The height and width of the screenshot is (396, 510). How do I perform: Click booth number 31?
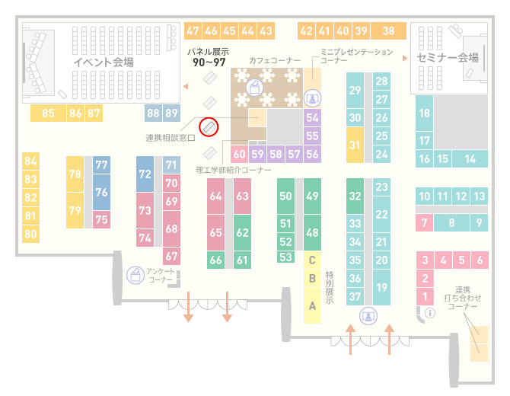[355, 145]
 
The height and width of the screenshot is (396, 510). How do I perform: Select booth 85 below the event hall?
[48, 113]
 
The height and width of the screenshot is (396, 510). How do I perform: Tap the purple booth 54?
[312, 117]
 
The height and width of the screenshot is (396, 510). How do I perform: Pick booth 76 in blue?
[101, 192]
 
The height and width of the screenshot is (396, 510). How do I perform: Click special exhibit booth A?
[312, 306]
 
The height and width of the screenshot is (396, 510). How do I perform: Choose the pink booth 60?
[239, 154]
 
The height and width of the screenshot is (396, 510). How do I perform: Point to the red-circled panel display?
[209, 127]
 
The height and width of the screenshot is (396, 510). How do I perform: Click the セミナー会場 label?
[448, 58]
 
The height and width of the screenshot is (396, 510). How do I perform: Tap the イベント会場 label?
[104, 62]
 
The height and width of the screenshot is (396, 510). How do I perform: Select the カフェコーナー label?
[275, 60]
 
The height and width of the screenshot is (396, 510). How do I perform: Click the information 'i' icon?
[430, 313]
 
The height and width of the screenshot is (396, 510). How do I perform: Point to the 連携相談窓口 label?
[171, 138]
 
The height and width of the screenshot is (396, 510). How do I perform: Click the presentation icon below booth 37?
[368, 316]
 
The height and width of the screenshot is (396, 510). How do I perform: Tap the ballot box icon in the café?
[254, 88]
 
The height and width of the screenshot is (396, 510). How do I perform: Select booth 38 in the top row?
[389, 31]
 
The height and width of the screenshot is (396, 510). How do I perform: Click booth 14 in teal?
[470, 159]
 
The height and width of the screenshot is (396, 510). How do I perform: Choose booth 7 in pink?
[424, 222]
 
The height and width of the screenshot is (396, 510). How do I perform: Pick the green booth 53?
[286, 257]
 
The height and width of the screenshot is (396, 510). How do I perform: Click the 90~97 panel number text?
[209, 62]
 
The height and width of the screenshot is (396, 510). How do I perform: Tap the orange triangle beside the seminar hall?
[405, 58]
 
